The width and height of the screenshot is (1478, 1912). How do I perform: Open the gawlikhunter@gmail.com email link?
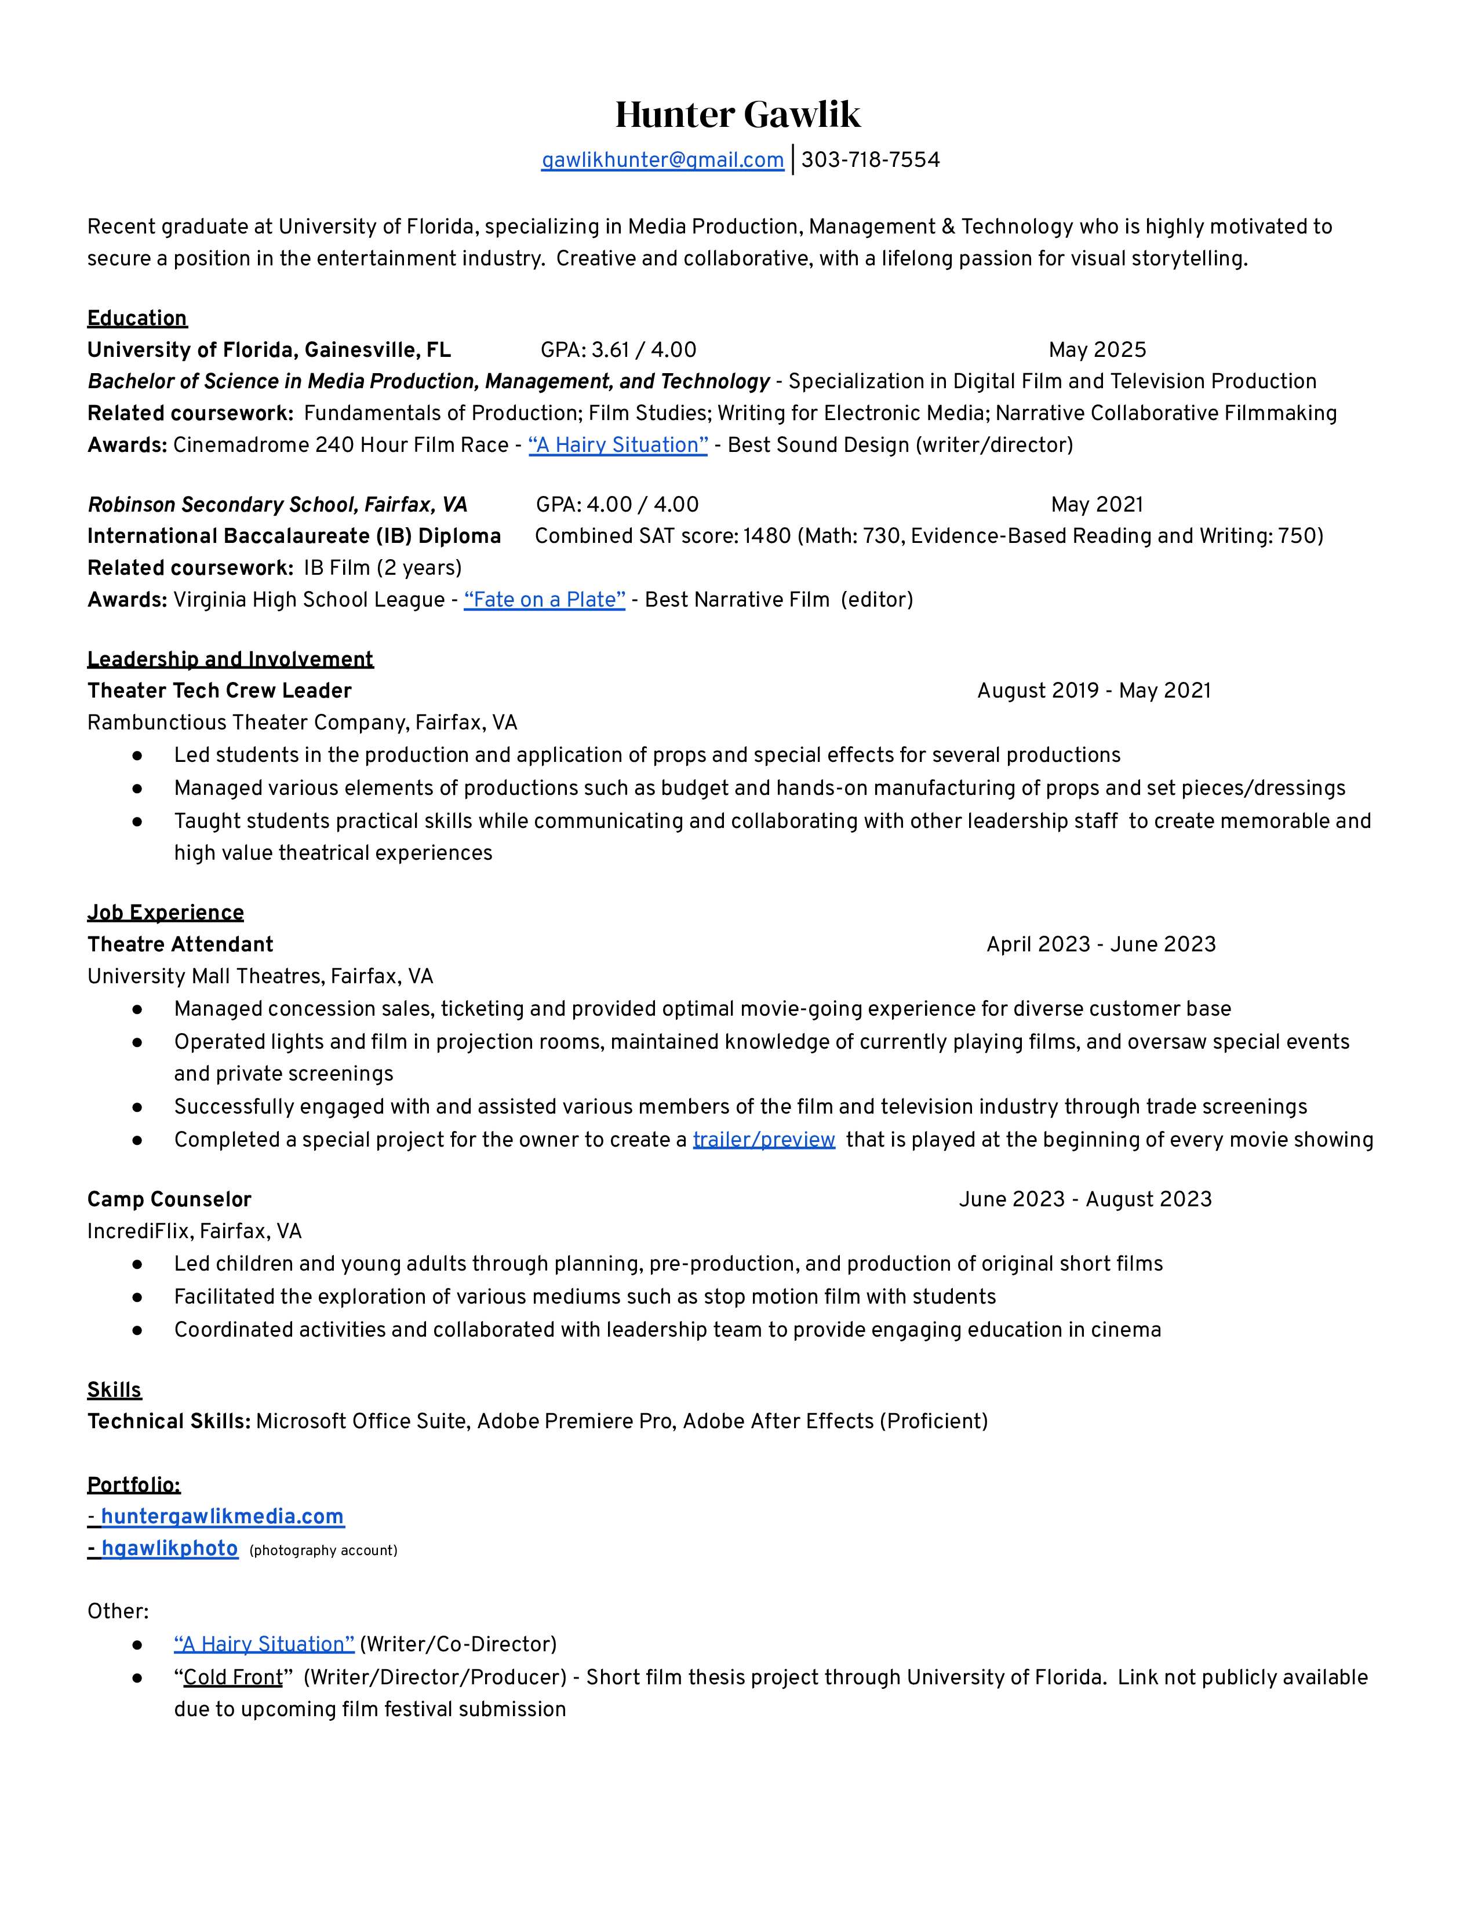pyautogui.click(x=662, y=160)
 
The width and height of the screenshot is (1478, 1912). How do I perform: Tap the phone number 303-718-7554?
pyautogui.click(x=871, y=160)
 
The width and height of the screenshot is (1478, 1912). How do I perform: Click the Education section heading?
pyautogui.click(x=137, y=318)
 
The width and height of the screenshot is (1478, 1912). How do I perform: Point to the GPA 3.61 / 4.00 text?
pyautogui.click(x=618, y=350)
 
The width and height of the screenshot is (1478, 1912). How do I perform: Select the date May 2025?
pyautogui.click(x=1097, y=350)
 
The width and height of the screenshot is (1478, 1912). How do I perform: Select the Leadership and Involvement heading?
pyautogui.click(x=230, y=659)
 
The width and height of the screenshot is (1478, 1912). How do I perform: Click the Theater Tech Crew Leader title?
pyautogui.click(x=219, y=691)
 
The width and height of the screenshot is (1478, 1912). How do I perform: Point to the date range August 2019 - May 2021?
pyautogui.click(x=1094, y=691)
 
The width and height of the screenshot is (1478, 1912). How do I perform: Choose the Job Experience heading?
pyautogui.click(x=166, y=912)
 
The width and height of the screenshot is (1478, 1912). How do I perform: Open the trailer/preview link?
pyautogui.click(x=763, y=1140)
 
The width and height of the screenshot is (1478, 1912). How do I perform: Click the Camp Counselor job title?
pyautogui.click(x=169, y=1199)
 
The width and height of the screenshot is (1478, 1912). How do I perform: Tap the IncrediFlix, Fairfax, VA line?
pyautogui.click(x=194, y=1232)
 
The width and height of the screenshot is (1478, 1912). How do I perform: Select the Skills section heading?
pyautogui.click(x=114, y=1389)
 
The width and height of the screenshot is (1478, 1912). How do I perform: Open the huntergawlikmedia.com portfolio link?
pyautogui.click(x=223, y=1516)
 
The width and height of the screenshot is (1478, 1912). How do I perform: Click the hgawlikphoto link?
pyautogui.click(x=169, y=1549)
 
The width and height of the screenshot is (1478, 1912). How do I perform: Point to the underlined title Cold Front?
pyautogui.click(x=233, y=1677)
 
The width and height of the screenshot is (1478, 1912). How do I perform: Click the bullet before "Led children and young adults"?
pyautogui.click(x=137, y=1264)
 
